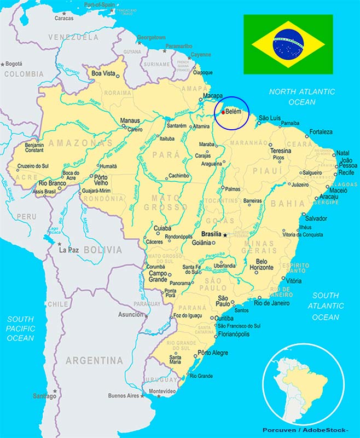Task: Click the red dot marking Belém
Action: point(223,112)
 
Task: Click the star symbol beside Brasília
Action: point(224,234)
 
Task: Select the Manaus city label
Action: point(131,120)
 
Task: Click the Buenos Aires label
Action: point(124,395)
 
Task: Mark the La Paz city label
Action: point(69,250)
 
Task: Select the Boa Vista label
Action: point(104,73)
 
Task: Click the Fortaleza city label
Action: point(321,132)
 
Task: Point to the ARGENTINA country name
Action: point(94,361)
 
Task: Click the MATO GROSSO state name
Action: point(162,203)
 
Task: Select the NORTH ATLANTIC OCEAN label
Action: point(302,97)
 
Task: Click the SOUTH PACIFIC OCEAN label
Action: point(21,328)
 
